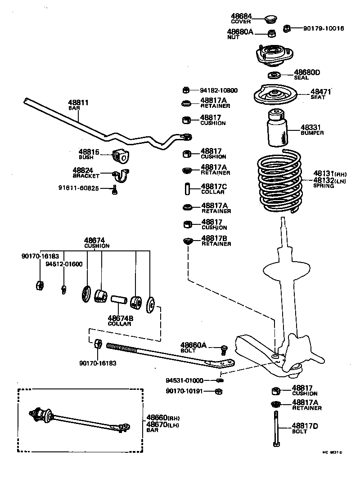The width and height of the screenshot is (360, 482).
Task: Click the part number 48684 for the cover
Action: (241, 17)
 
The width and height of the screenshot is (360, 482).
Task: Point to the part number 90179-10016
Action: (323, 28)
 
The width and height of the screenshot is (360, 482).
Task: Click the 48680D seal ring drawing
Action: (274, 75)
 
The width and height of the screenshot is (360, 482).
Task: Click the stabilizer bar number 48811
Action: (78, 103)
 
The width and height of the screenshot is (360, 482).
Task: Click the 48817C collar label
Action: (214, 188)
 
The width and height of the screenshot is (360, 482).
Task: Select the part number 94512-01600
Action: (64, 264)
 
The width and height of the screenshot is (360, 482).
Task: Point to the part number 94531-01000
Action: (184, 380)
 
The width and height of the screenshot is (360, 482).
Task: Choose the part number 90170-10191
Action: (184, 391)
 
